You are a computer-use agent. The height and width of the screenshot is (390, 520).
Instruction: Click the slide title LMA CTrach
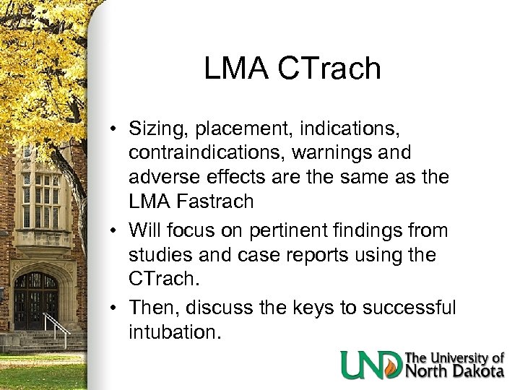click(292, 69)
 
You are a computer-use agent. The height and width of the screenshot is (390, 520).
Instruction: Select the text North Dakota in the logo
click(454, 371)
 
